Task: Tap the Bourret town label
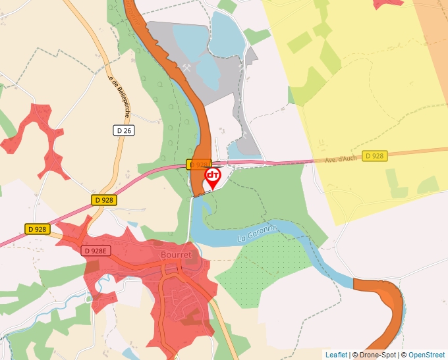[176, 255]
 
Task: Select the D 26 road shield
[124, 131]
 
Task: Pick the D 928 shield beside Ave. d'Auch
[374, 156]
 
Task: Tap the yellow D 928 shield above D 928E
[103, 199]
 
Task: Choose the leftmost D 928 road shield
[38, 229]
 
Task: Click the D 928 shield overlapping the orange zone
[198, 164]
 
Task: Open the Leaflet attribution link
[336, 355]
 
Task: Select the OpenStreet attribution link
[426, 355]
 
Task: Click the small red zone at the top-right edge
[388, 3]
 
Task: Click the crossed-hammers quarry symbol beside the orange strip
[186, 67]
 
